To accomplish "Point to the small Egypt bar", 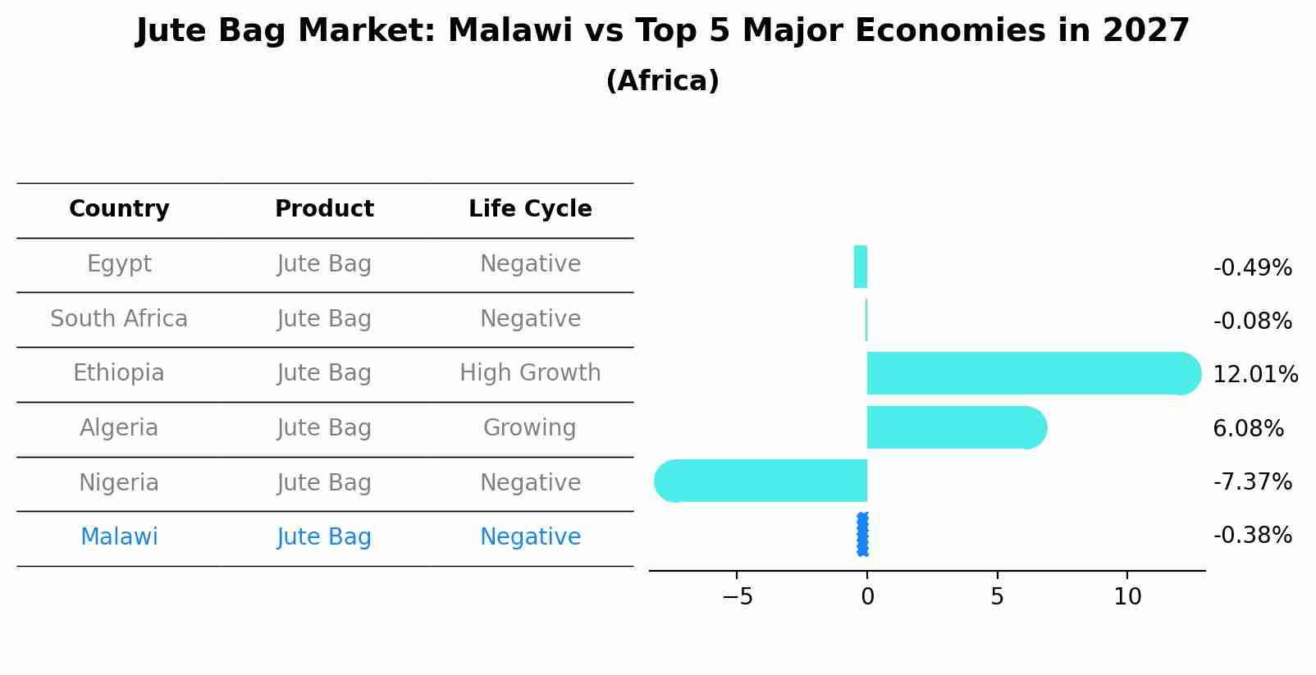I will pos(861,267).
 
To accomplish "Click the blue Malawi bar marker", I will pos(862,535).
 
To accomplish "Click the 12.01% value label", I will pos(1254,375).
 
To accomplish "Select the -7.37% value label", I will pos(1252,482).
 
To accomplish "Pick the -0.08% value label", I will pos(1252,322).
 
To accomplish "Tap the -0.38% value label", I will pos(1252,536).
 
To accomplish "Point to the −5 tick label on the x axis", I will pos(737,597).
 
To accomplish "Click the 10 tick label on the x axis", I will pos(1127,597).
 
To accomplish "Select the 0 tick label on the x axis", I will pos(867,597).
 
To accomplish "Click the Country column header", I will pos(119,209).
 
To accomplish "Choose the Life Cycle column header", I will pos(530,209).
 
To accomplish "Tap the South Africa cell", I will pos(119,319).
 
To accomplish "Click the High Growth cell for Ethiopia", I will pos(530,373).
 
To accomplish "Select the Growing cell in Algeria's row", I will pos(530,428).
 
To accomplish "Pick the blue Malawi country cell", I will pos(119,537).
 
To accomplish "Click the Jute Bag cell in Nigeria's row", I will pos(324,483).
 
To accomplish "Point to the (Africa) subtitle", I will pos(662,81).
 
